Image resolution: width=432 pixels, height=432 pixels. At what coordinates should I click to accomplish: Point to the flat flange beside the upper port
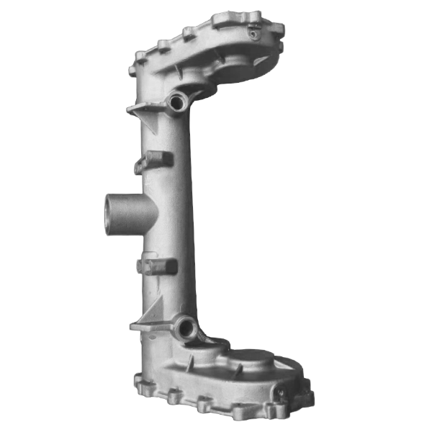143,109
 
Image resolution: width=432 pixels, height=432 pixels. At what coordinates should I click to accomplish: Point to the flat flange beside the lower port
148,326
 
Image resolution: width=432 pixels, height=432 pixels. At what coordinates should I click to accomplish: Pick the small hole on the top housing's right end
253,31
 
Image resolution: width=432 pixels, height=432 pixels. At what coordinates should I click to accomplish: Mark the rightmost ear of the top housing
277,29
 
